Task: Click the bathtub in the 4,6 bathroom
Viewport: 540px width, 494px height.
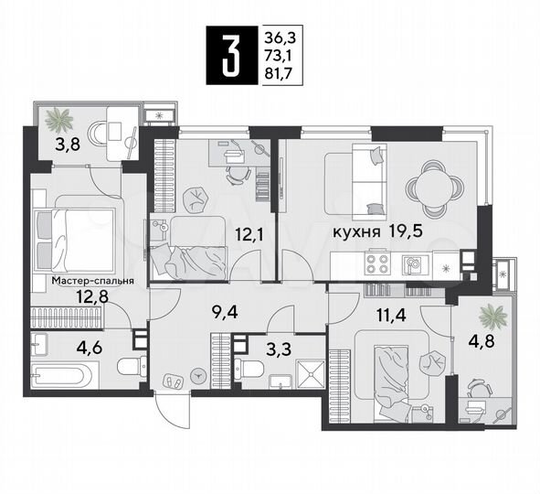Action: [x=64, y=375]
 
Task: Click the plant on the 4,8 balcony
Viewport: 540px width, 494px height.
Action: [x=494, y=317]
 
